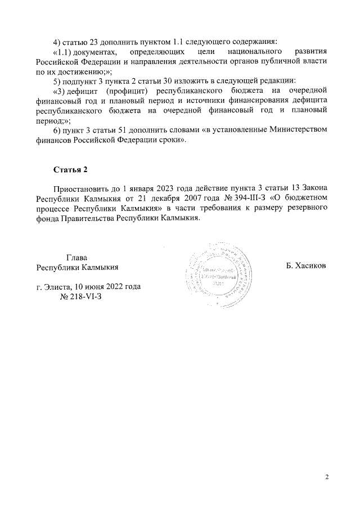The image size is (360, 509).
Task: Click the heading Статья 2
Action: point(70,170)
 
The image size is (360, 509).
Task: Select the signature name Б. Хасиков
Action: point(306,265)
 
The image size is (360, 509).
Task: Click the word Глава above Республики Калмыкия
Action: point(76,257)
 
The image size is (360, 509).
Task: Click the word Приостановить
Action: point(83,190)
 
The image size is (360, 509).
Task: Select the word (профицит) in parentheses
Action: point(126,91)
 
